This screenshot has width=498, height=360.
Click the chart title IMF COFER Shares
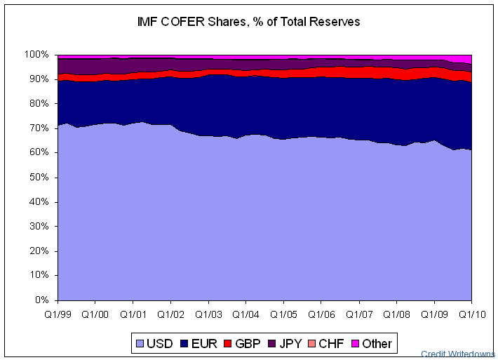(x=249, y=22)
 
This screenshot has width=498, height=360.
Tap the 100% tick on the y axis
(x=37, y=55)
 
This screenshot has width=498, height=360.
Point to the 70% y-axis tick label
(x=39, y=128)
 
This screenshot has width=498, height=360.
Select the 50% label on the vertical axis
(x=39, y=178)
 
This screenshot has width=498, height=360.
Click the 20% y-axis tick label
(x=39, y=251)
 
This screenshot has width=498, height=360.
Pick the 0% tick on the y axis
(x=42, y=300)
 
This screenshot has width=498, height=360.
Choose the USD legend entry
(x=154, y=343)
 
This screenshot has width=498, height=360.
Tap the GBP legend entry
(x=243, y=343)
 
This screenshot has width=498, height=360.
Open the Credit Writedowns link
(x=458, y=354)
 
